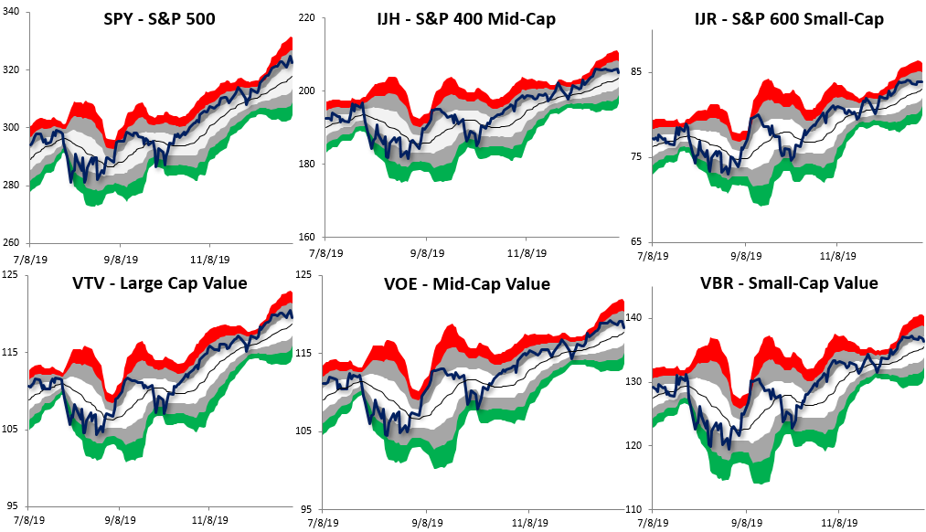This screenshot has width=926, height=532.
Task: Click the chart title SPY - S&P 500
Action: point(160,18)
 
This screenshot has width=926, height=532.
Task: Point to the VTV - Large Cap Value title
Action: point(160,283)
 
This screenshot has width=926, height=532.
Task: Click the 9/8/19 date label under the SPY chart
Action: point(121,258)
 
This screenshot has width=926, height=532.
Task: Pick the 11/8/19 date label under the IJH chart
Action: point(527,252)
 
